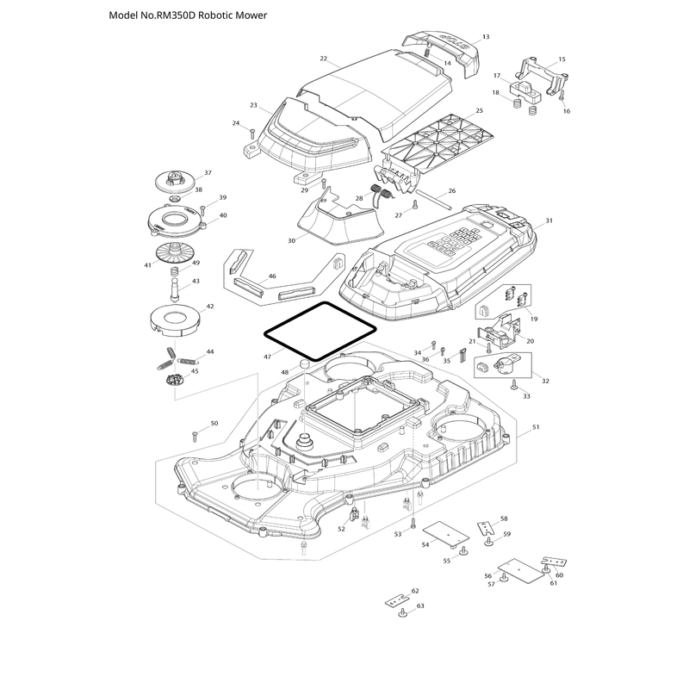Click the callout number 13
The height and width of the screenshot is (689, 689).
point(486,37)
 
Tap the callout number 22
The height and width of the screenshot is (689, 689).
point(324,59)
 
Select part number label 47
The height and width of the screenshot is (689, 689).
point(268,357)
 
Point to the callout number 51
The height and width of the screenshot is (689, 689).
point(536,427)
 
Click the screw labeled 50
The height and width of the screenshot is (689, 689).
point(196,437)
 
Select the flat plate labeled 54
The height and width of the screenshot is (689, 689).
point(446,533)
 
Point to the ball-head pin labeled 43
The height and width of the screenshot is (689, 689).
point(175,289)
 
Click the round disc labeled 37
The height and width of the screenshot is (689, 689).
point(175,181)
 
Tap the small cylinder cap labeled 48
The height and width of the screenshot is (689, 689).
point(304,364)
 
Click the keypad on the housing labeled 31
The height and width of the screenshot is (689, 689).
point(450,243)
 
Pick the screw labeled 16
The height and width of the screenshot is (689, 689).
point(562,96)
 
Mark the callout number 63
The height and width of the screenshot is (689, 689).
point(420,606)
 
